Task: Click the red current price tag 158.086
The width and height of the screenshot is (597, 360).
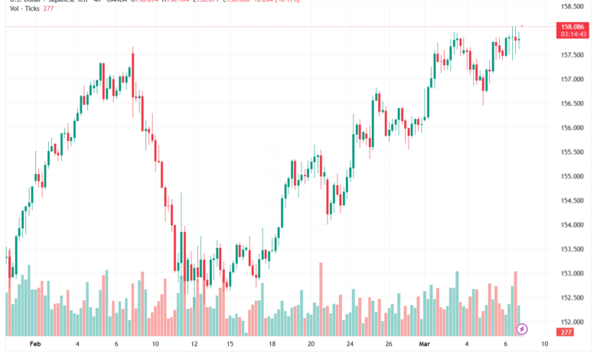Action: [573, 26]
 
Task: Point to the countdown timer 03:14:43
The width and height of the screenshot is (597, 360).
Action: [573, 34]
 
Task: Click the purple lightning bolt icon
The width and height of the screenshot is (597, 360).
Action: [522, 329]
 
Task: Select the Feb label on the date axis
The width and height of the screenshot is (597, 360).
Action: [34, 345]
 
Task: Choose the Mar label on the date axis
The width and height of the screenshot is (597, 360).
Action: [425, 345]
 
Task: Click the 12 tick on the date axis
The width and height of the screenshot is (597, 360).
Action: [194, 345]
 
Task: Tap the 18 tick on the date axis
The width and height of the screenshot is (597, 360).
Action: [272, 345]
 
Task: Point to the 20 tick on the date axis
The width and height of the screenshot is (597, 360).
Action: [311, 345]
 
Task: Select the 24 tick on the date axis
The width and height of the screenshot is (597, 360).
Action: [349, 345]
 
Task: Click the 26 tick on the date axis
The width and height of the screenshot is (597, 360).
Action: [388, 345]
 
